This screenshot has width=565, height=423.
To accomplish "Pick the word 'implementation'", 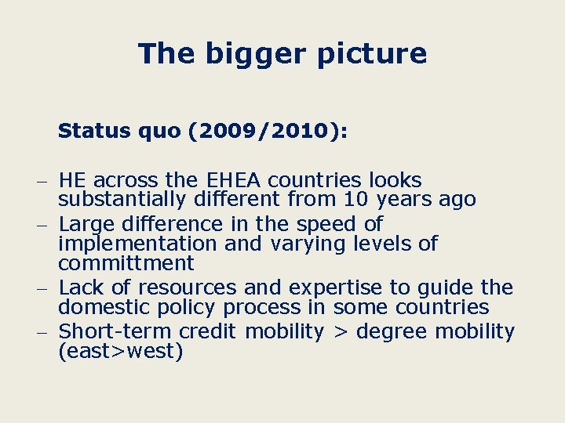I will [138, 243].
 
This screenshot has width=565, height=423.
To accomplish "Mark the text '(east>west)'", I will [120, 352].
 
